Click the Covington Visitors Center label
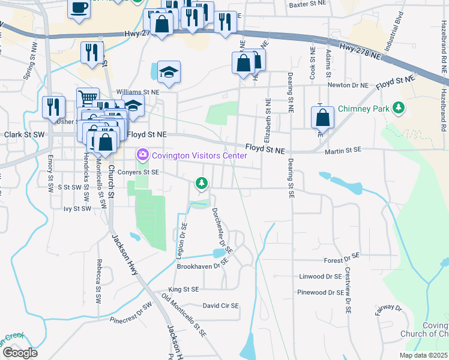click(199, 156)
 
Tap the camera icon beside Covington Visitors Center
click(142, 156)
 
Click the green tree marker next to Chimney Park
click(398, 109)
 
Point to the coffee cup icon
click(79, 8)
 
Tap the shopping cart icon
click(88, 97)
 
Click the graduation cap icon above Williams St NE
click(169, 73)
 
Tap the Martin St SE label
click(343, 151)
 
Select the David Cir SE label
click(220, 305)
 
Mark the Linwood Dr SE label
click(319, 277)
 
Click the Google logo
click(20, 353)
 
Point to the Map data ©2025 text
click(424, 355)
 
